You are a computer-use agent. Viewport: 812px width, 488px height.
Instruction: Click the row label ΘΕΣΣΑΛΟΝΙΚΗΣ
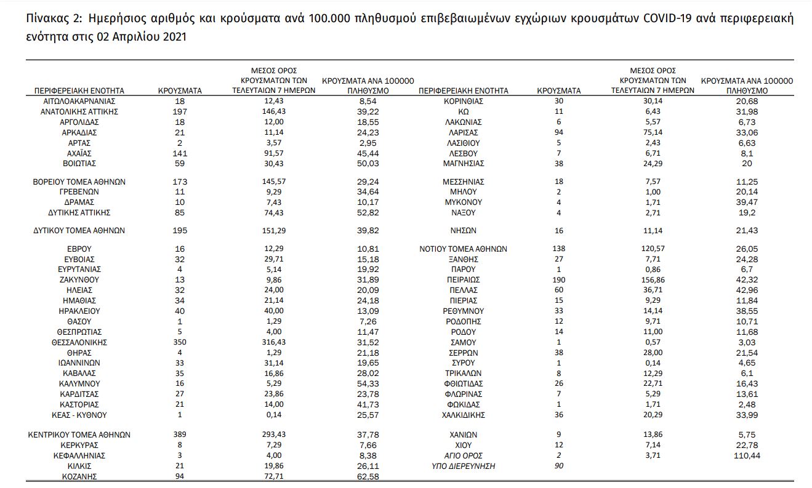tap(80, 342)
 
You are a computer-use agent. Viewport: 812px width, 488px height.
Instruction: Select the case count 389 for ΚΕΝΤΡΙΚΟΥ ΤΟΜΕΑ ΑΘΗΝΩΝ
tap(180, 434)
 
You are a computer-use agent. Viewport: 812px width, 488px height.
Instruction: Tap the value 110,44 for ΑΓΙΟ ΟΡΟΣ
tap(747, 455)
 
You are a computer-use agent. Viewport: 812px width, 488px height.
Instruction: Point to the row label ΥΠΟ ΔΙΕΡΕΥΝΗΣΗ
tap(464, 466)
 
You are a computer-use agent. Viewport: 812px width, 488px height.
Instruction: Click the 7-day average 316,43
tap(273, 342)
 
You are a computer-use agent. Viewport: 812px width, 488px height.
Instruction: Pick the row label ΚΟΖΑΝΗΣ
tap(80, 476)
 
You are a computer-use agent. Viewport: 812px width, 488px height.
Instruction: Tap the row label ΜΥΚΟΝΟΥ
tap(464, 202)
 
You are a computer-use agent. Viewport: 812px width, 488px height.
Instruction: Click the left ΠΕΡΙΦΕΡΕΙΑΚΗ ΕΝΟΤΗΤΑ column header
tap(79, 90)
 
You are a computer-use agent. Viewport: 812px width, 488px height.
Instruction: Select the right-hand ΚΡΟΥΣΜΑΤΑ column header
tap(558, 90)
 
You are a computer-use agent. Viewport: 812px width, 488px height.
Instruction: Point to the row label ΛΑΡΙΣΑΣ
tap(464, 132)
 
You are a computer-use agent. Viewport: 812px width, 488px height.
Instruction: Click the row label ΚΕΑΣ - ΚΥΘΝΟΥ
tap(80, 415)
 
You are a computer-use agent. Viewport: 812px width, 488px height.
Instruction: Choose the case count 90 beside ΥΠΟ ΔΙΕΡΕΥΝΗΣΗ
tap(558, 466)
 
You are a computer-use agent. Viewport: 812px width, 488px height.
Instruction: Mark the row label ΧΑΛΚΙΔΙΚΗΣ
tap(464, 415)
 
